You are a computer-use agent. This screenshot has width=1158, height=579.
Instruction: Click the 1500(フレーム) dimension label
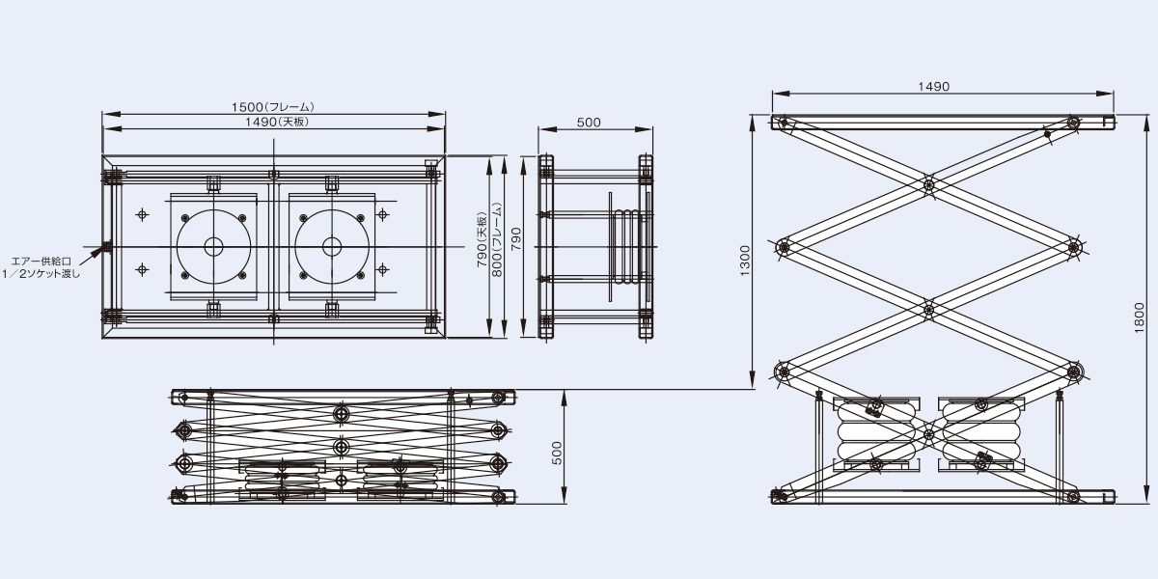272,107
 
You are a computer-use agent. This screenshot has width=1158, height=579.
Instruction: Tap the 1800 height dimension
1140,317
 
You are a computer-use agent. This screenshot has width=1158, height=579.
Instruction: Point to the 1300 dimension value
744,262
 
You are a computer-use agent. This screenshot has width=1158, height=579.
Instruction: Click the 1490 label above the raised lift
934,86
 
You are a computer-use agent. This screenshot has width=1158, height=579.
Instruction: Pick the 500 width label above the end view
589,123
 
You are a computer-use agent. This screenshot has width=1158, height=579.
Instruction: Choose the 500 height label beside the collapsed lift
556,453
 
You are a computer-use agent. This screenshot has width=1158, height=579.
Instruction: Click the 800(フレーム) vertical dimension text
496,240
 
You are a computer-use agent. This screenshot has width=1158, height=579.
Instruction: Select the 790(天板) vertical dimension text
482,240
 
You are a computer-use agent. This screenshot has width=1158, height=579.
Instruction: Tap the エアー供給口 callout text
41,262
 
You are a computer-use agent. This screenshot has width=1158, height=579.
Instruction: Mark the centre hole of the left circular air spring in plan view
213,247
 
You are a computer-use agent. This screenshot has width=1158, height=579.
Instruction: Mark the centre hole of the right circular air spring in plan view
332,247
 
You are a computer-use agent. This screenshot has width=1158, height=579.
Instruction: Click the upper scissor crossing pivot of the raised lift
929,184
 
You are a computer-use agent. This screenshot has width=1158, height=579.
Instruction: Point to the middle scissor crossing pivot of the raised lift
929,310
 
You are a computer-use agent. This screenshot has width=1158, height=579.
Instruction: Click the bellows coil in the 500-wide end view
625,247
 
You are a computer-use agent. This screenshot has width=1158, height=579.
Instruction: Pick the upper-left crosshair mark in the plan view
143,214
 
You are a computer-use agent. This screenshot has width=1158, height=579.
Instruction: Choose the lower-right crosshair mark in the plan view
382,269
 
